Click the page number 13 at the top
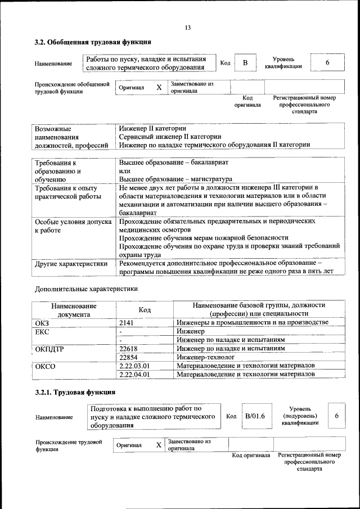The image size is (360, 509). [188, 28]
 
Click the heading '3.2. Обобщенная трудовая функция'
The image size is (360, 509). [92, 42]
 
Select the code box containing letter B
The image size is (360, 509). [245, 63]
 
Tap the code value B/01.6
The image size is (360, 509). [255, 416]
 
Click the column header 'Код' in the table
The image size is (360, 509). [145, 310]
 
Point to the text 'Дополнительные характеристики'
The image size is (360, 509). [86, 289]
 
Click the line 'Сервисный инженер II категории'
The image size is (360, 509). [170, 137]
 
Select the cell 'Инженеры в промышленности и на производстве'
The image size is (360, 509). [252, 322]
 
